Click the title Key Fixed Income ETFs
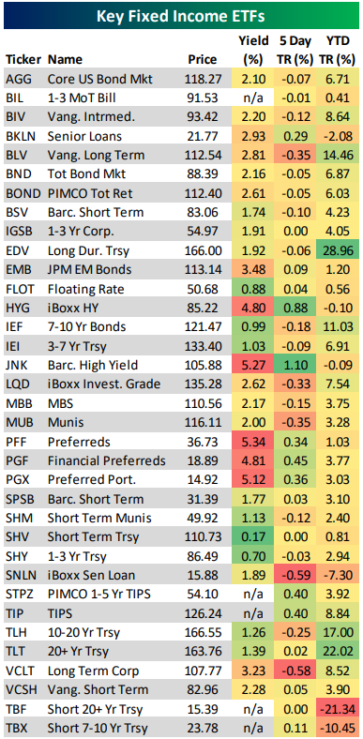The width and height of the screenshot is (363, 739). click(181, 16)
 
